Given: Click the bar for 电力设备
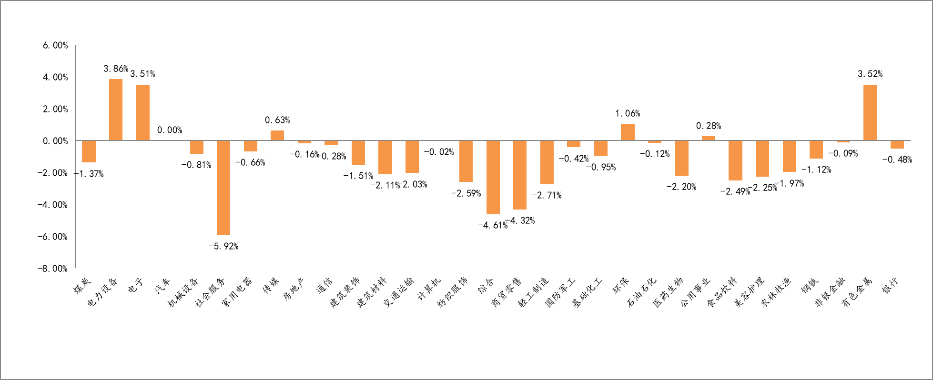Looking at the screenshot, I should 116,110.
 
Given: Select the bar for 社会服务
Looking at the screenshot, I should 223,188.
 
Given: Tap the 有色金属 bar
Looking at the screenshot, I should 870,112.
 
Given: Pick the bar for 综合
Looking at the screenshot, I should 493,177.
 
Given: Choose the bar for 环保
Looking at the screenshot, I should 628,132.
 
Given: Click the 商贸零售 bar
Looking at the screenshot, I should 520,175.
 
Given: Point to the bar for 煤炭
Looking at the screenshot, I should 89,151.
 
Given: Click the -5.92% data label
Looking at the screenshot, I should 223,246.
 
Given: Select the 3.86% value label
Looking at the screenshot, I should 116,69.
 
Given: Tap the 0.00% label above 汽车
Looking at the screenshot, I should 170,130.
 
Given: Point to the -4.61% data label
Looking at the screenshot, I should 493,225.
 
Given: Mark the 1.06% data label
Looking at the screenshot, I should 628,113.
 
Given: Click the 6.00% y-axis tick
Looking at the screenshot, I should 55,45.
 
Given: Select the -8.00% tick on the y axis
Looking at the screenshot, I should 53,269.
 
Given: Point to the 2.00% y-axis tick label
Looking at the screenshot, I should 55,109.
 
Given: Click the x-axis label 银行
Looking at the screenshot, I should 890,286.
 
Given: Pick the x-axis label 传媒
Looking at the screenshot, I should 271,286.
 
